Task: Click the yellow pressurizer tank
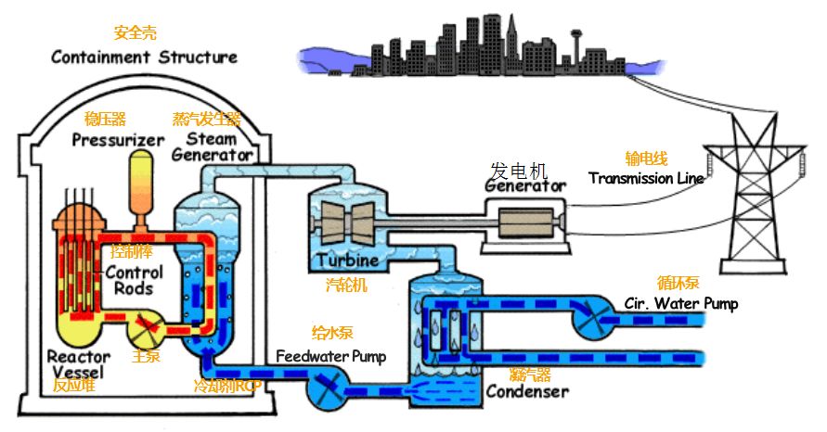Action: pyautogui.click(x=141, y=181)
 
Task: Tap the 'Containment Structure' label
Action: pyautogui.click(x=144, y=57)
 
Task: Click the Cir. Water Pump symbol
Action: pyautogui.click(x=591, y=322)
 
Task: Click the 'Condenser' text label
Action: pyautogui.click(x=528, y=391)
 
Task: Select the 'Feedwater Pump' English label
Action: pyautogui.click(x=330, y=356)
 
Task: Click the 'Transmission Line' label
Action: pyautogui.click(x=646, y=178)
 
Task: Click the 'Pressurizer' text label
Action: pyautogui.click(x=119, y=140)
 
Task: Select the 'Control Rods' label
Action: pyautogui.click(x=134, y=280)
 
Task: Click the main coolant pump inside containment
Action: pyautogui.click(x=145, y=326)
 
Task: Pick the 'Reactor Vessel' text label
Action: pyautogui.click(x=79, y=363)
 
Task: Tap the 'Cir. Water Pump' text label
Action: pyautogui.click(x=681, y=303)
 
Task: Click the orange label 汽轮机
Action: pyautogui.click(x=346, y=285)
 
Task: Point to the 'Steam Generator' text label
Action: pyautogui.click(x=213, y=146)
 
